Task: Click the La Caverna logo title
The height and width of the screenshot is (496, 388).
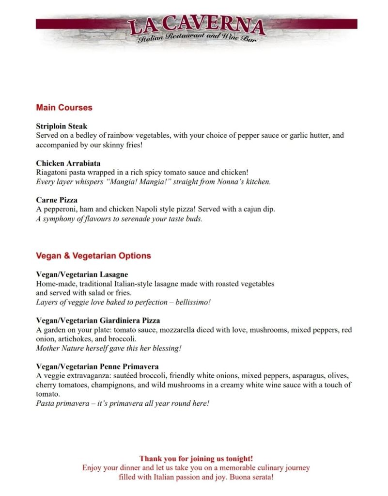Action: [x=196, y=27]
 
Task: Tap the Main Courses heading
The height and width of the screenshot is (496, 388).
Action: [x=64, y=108]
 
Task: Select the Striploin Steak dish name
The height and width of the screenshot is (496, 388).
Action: [x=62, y=127]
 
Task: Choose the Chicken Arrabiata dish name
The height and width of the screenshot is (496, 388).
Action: [x=68, y=163]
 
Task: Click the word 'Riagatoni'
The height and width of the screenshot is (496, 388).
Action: [x=52, y=172]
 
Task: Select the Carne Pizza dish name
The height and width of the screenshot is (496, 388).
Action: [x=57, y=200]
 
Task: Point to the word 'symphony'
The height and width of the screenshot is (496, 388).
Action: [x=58, y=219]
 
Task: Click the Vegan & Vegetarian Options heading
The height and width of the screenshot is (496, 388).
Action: [x=93, y=256]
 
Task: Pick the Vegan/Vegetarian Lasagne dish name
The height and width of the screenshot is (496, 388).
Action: [x=82, y=274]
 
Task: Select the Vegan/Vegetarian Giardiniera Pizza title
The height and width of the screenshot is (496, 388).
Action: [x=98, y=321]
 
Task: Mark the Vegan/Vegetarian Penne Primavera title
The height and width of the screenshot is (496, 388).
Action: [x=97, y=367]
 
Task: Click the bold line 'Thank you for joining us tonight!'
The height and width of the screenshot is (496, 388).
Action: [x=196, y=458]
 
